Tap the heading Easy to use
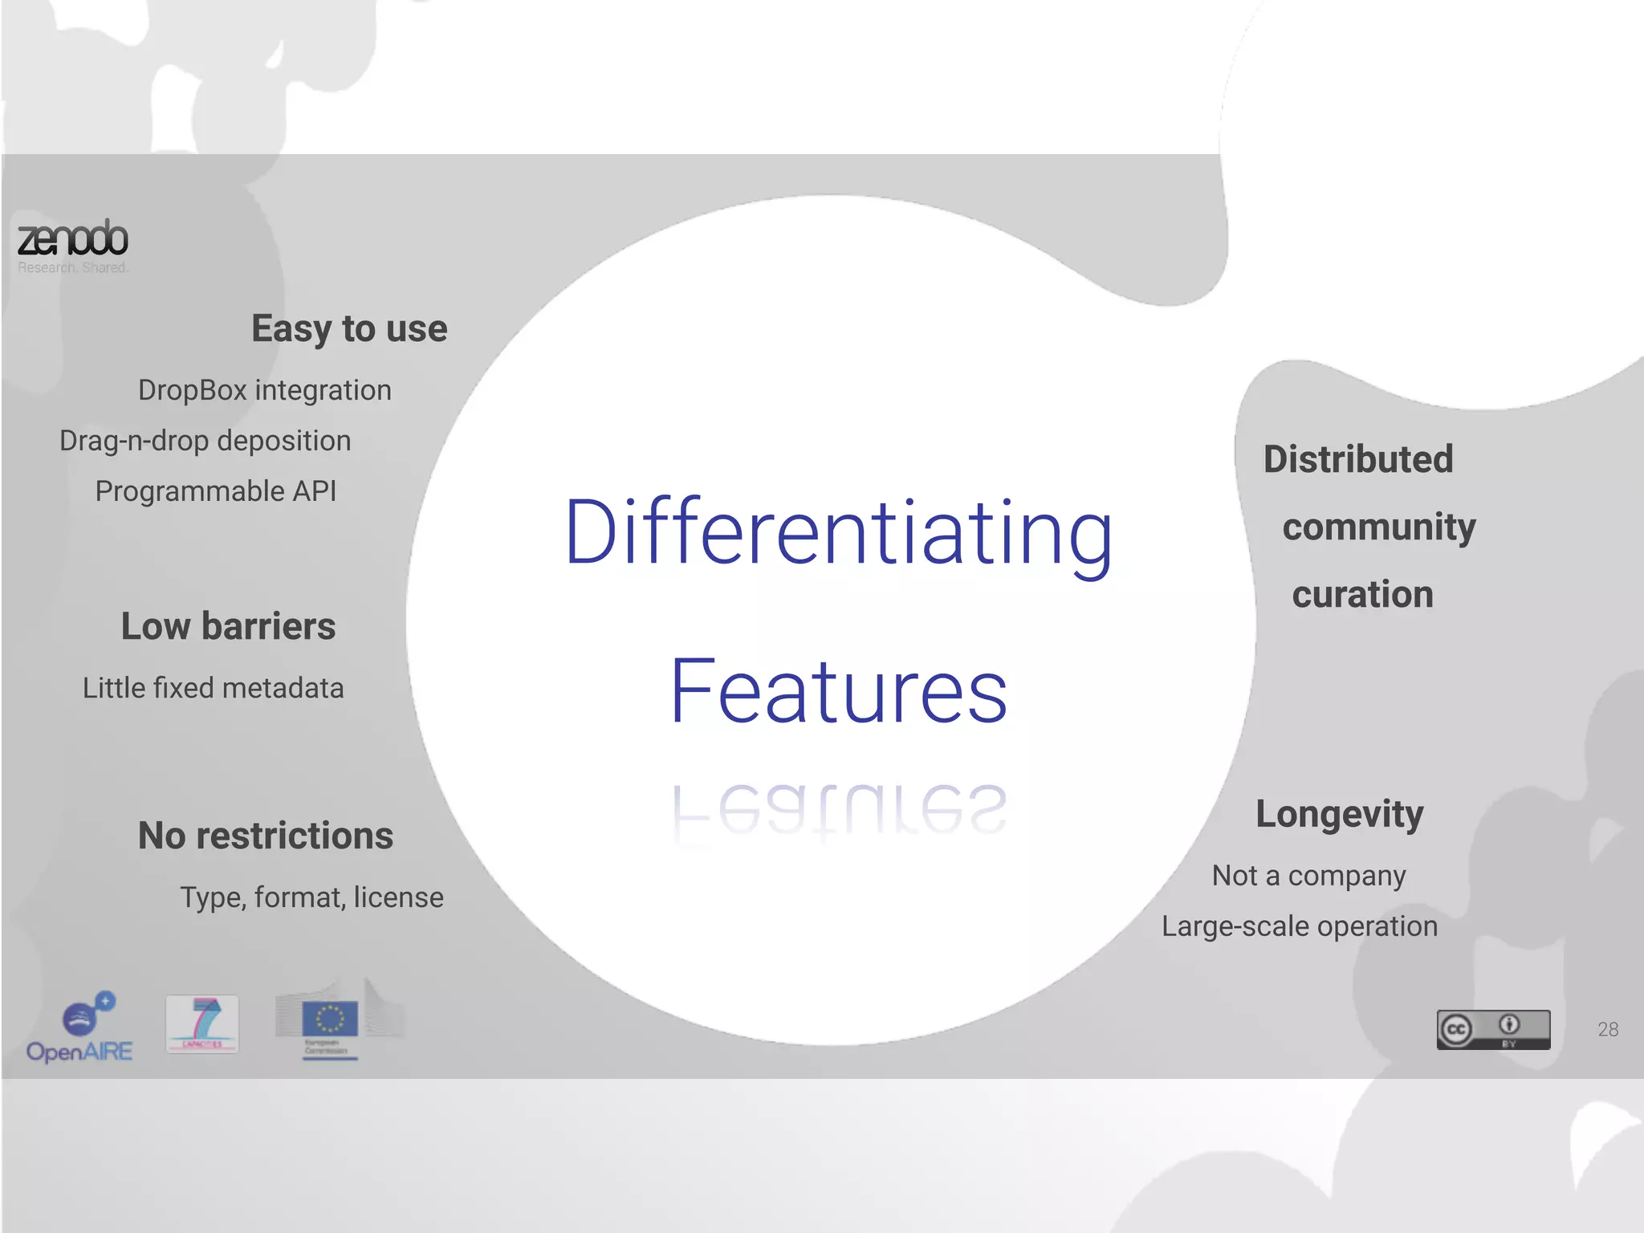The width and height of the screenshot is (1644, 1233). coord(349,328)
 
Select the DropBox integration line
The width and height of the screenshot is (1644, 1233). coord(265,390)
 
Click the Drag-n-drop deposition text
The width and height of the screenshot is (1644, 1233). coord(205,441)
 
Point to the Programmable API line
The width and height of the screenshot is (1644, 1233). coord(216,491)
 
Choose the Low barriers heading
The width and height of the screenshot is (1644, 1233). coord(229,626)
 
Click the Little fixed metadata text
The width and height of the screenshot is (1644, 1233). coord(214,688)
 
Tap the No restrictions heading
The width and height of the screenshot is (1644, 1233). coord(266,836)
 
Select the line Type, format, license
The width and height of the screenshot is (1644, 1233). coord(311,897)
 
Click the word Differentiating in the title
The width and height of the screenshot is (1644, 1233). coord(839,534)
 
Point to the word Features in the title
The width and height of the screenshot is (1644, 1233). coord(839,692)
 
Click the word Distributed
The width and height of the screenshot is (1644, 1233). coord(1358,459)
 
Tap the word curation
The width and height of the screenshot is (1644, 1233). coord(1362,594)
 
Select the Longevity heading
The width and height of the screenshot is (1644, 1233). coord(1340,814)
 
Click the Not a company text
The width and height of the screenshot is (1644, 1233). coord(1308,876)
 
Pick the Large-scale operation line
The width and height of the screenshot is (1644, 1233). coord(1300,926)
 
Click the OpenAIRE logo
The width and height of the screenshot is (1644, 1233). coord(80,1028)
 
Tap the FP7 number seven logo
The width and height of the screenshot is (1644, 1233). coord(202,1023)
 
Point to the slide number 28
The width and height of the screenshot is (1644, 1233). coord(1608,1029)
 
